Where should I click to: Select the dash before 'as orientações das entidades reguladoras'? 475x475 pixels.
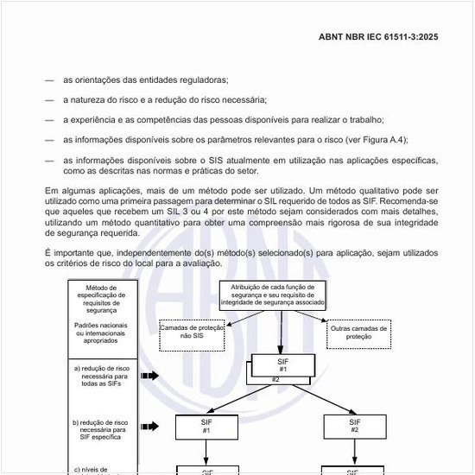click(49, 79)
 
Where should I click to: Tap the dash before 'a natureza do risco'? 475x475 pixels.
click(49, 99)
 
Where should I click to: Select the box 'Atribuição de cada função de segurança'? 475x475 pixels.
click(273, 294)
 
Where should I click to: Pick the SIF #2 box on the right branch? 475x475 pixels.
click(355, 426)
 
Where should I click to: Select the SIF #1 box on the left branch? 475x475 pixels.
click(206, 426)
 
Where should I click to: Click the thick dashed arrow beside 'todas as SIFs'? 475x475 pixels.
click(149, 377)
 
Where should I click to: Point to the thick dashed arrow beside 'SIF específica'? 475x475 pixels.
click(149, 427)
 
